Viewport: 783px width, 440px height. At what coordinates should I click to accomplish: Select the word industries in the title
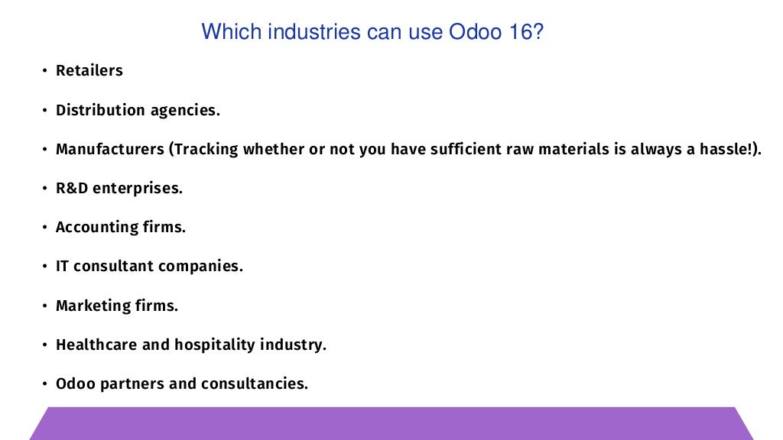click(299, 32)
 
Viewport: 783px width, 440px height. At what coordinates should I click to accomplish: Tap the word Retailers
click(89, 70)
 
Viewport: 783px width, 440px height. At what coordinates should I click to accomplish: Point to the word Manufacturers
click(110, 149)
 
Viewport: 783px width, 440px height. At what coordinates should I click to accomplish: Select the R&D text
click(72, 188)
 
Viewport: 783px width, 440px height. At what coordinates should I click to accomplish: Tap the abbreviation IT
click(63, 267)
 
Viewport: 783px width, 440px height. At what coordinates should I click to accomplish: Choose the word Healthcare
click(97, 345)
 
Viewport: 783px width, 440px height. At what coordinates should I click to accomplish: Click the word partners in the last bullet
click(132, 383)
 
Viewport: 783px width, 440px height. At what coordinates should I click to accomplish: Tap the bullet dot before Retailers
click(44, 71)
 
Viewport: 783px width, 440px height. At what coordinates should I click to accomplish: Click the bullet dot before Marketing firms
click(44, 306)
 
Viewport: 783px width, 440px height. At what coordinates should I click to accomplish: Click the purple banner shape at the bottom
click(391, 424)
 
